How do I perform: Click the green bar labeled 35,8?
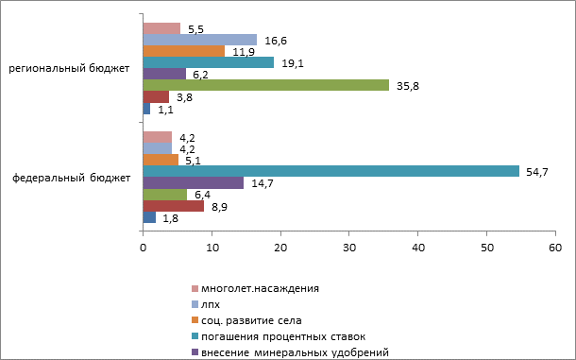click(266, 85)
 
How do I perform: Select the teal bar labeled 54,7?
click(331, 171)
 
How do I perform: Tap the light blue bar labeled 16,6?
click(200, 40)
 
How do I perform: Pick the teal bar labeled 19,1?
click(209, 62)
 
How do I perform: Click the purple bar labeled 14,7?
click(194, 182)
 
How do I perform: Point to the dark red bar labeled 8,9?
click(174, 206)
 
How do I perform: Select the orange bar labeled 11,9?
click(184, 51)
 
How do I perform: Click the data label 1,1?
click(165, 110)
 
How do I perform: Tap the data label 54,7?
click(537, 172)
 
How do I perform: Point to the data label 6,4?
click(202, 195)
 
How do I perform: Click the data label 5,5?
click(195, 29)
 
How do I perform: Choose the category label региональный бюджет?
click(69, 68)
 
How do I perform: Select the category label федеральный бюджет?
click(71, 178)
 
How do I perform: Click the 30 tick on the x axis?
click(349, 248)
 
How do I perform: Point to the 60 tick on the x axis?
click(555, 248)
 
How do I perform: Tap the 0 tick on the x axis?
click(143, 248)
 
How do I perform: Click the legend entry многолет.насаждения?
click(255, 288)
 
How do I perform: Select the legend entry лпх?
click(206, 304)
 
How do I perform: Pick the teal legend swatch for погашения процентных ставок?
click(195, 336)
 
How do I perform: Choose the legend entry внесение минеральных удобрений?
click(290, 352)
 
